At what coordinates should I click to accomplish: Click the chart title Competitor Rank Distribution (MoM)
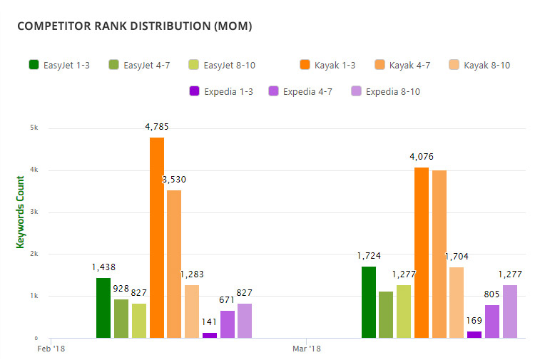(x=134, y=26)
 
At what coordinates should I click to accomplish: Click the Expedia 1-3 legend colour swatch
(x=194, y=91)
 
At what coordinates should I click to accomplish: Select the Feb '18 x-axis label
(x=51, y=349)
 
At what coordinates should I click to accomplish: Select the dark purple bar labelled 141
(x=210, y=335)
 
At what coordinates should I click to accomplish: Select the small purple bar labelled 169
(x=474, y=334)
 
